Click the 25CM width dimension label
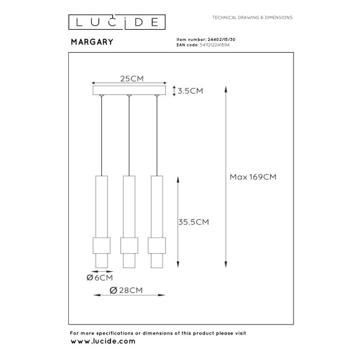point(129,79)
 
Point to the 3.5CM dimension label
point(189,91)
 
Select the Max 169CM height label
point(253,177)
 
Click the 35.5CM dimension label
point(192,221)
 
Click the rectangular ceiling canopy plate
point(129,91)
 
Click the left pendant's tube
point(101,205)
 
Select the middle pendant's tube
point(129,205)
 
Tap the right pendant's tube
point(156,205)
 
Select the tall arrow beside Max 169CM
point(225,177)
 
